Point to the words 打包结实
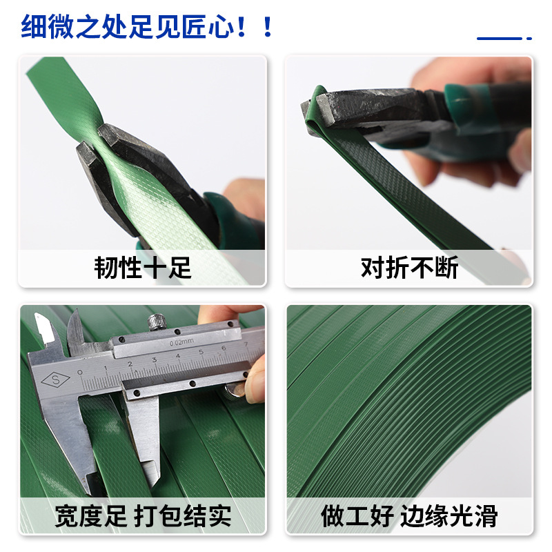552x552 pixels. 182,515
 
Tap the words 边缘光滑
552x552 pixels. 451,515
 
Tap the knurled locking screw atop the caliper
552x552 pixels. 156,322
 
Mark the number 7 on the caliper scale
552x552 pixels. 246,344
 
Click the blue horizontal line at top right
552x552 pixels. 500,39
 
